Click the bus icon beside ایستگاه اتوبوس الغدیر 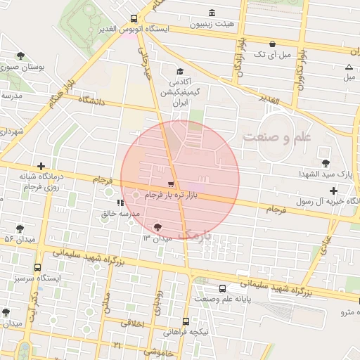(134, 19)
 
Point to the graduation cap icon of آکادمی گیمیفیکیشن (180, 71)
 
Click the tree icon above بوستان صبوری (21, 56)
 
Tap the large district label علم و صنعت (276, 137)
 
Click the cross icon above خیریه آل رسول (333, 191)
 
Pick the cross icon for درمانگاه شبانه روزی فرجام (41, 166)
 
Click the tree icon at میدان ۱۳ (157, 226)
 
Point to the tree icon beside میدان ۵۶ (19, 228)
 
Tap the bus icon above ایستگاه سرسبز (37, 267)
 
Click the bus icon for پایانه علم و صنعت (223, 288)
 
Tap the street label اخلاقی (132, 324)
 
